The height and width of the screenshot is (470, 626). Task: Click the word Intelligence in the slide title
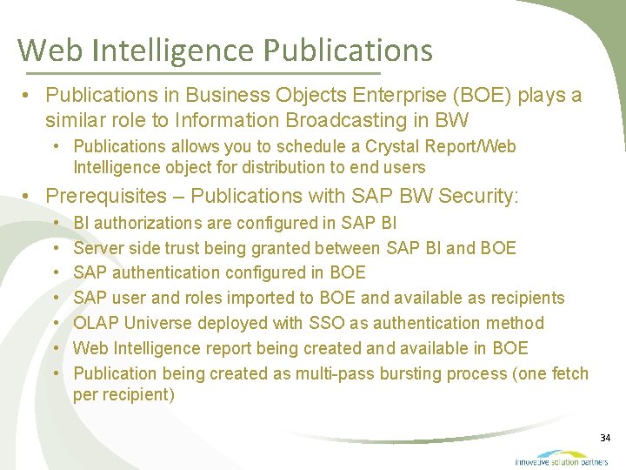click(170, 50)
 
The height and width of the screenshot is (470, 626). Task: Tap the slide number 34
click(605, 437)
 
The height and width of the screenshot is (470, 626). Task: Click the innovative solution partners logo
click(561, 457)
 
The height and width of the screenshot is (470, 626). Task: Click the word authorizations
click(147, 223)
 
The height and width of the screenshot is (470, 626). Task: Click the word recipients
click(523, 299)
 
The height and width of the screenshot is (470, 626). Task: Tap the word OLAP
click(97, 324)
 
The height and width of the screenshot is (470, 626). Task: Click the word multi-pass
click(335, 374)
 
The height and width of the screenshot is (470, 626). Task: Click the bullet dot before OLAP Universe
click(57, 324)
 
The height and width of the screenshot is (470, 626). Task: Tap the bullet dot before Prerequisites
click(29, 197)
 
